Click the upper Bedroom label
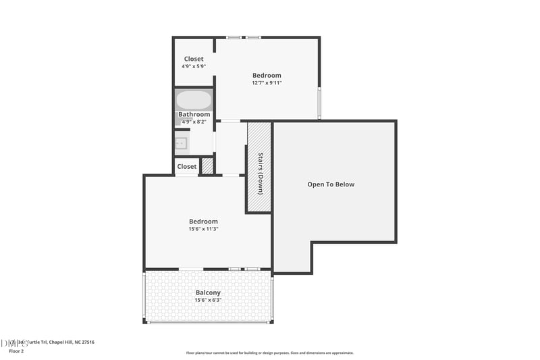point(267,75)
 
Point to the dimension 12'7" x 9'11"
point(267,83)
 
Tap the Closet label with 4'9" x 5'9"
point(194,59)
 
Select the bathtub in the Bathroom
point(194,101)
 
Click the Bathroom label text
point(194,114)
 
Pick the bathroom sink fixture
point(181,143)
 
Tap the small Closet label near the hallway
point(187,166)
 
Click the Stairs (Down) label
point(261,174)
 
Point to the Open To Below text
point(331,184)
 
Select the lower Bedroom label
point(203,222)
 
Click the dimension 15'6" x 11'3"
point(203,229)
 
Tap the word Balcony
point(208,292)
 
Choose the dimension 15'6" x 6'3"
point(208,300)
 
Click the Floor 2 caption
point(16,351)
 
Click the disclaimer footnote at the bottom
point(270,353)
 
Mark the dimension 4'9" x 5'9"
point(194,66)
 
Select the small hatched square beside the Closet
point(208,165)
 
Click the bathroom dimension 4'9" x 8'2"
point(194,122)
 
